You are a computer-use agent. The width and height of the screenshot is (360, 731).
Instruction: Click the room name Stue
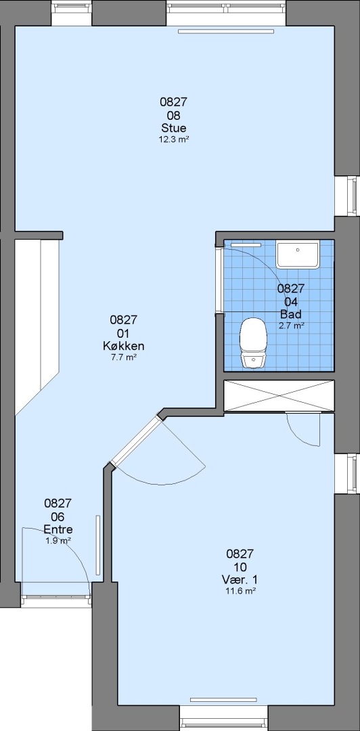click(x=173, y=128)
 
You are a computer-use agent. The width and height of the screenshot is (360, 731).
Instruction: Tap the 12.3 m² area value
click(x=173, y=139)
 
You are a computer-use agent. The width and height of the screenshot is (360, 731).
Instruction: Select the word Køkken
click(x=124, y=346)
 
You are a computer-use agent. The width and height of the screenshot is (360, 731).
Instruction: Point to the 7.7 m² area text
click(x=123, y=357)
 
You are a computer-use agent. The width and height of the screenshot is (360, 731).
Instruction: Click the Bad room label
click(x=290, y=314)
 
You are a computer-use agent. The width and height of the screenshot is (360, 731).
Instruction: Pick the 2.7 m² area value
click(x=292, y=326)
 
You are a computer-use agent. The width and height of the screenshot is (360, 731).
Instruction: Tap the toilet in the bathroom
click(x=253, y=342)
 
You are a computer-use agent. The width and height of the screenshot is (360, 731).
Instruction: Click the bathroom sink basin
click(x=298, y=254)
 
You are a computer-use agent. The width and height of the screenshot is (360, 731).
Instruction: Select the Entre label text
click(x=58, y=529)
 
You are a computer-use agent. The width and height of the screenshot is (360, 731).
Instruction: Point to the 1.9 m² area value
click(x=58, y=541)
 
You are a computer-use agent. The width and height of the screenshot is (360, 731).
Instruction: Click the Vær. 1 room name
click(x=240, y=579)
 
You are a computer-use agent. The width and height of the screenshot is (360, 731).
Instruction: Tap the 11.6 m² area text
click(x=240, y=591)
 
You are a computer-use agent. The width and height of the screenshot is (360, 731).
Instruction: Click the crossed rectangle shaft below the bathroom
click(x=279, y=396)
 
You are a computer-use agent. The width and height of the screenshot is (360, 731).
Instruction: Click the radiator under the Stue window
click(x=226, y=32)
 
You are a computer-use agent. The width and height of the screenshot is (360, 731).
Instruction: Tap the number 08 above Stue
click(x=173, y=115)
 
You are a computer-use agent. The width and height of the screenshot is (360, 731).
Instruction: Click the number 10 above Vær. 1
click(x=240, y=567)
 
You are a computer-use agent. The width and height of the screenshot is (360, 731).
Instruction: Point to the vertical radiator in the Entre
click(x=98, y=546)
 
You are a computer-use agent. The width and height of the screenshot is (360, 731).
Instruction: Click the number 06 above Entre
click(x=58, y=516)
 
